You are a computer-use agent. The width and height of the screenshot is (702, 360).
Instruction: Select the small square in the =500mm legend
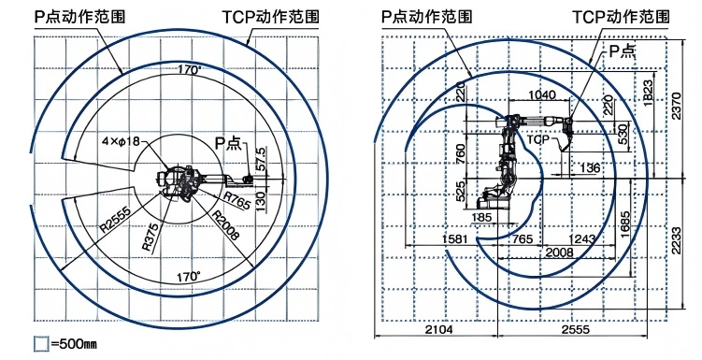tap(40, 344)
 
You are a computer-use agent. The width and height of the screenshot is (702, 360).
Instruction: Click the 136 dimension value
tap(589, 168)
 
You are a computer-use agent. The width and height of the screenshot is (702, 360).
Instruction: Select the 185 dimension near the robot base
tap(483, 218)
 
